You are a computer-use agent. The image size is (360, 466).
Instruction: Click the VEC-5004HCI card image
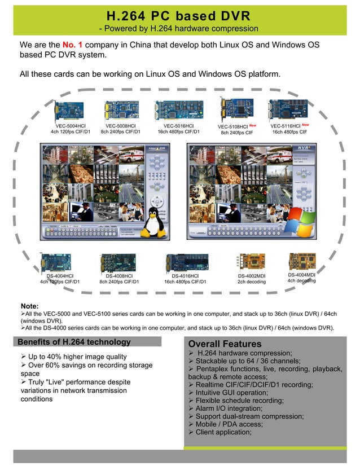pyautogui.click(x=69, y=110)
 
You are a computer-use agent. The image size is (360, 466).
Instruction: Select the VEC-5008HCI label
pyautogui.click(x=120, y=126)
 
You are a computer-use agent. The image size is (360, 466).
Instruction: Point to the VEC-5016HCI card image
pyautogui.click(x=178, y=109)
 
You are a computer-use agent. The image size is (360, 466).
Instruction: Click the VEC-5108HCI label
pyautogui.click(x=232, y=126)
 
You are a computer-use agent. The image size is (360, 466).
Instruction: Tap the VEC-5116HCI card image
pyautogui.click(x=288, y=108)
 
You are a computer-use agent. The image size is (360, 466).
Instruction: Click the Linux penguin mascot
pyautogui.click(x=151, y=223)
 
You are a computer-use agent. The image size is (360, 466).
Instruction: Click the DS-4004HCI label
pyautogui.click(x=60, y=275)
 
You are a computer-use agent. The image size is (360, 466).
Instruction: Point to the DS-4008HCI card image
pyautogui.click(x=118, y=262)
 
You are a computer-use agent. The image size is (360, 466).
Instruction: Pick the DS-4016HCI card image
pyautogui.click(x=187, y=263)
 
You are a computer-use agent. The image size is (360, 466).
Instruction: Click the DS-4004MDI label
pyautogui.click(x=301, y=274)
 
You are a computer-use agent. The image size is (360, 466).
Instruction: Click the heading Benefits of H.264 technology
pyautogui.click(x=74, y=342)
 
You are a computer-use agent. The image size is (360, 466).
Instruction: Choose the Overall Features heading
pyautogui.click(x=225, y=344)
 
